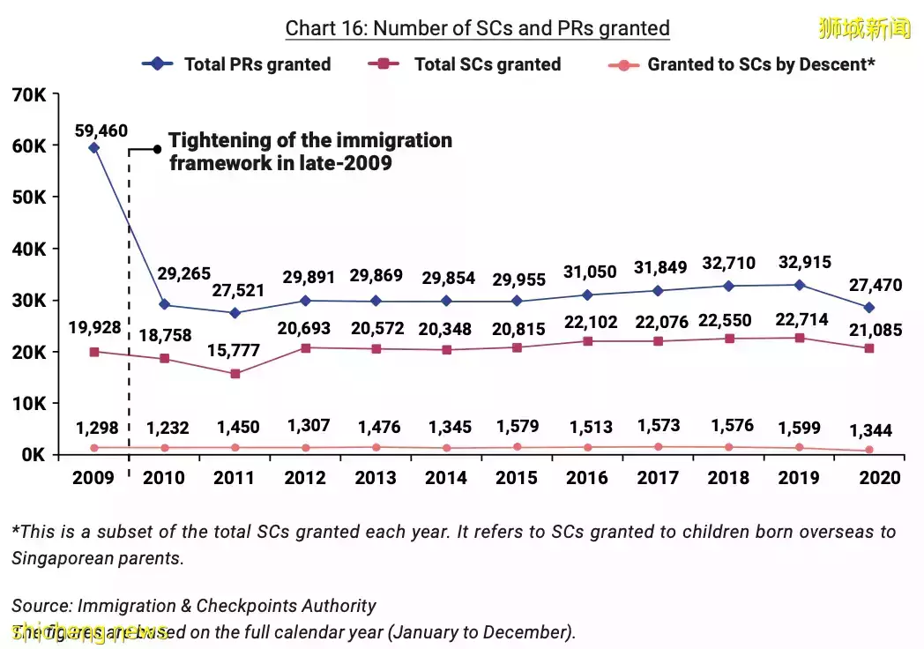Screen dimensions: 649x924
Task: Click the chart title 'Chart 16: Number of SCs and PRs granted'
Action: (x=477, y=28)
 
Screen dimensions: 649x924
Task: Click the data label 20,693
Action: (x=306, y=328)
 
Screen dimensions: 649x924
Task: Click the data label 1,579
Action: (x=517, y=427)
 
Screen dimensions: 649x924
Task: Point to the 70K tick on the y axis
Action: (x=29, y=94)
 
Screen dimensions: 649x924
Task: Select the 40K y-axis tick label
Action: (x=29, y=250)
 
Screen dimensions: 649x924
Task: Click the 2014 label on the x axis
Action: (x=446, y=478)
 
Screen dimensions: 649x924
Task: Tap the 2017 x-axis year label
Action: (x=659, y=478)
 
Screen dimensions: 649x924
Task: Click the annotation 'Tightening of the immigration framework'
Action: (x=309, y=152)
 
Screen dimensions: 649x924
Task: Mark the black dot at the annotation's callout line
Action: (x=157, y=149)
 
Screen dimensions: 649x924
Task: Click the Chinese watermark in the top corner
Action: (x=864, y=29)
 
